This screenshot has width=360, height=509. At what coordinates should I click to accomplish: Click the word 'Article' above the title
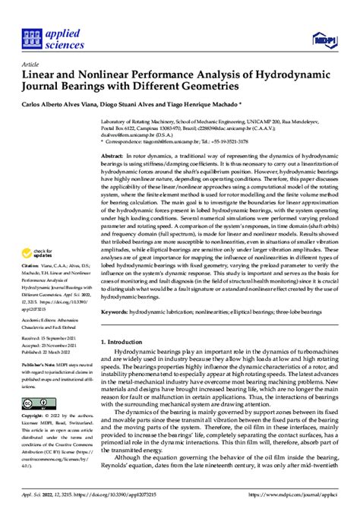click(30, 65)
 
